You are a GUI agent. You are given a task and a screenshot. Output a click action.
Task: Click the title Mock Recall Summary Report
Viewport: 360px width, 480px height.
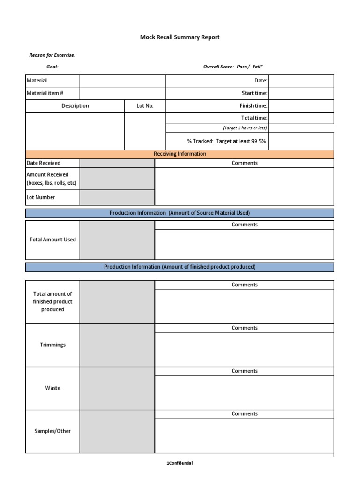[x=180, y=37]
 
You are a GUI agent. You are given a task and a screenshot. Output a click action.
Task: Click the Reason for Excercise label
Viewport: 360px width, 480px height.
[x=52, y=55]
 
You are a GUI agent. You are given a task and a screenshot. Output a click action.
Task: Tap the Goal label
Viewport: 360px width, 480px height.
[x=52, y=67]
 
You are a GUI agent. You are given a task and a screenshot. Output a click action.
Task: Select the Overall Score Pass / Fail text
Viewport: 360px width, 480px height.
[x=233, y=67]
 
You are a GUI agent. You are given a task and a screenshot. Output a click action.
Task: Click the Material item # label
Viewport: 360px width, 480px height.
[x=45, y=93]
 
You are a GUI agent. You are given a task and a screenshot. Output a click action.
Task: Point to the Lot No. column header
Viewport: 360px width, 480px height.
[x=145, y=106]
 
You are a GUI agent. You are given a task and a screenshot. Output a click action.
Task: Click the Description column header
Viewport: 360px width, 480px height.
[x=75, y=106]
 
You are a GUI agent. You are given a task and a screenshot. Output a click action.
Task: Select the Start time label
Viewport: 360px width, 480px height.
[x=254, y=93]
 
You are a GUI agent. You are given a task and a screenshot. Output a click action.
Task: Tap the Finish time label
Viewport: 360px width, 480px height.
[x=253, y=106]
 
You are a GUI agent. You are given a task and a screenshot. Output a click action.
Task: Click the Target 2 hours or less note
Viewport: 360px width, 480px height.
[x=245, y=128]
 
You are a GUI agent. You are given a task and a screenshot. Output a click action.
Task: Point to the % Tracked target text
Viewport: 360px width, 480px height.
[x=227, y=141]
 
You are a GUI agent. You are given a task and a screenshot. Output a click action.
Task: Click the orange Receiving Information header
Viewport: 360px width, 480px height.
[x=180, y=154]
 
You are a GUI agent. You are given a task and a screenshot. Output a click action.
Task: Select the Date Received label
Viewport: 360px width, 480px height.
[x=44, y=163]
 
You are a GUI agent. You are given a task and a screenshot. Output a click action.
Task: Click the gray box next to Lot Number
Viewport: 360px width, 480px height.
[x=117, y=197]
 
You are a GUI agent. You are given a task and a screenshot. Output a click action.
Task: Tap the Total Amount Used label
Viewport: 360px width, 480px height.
[x=52, y=240]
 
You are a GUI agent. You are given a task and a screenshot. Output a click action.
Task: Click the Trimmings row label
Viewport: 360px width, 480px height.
[x=52, y=345]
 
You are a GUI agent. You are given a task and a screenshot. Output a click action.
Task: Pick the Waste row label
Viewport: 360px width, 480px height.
[x=52, y=388]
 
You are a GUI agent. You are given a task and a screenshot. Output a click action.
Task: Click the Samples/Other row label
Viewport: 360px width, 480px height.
[x=52, y=431]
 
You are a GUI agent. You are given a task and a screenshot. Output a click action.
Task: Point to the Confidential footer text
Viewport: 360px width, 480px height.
[x=180, y=463]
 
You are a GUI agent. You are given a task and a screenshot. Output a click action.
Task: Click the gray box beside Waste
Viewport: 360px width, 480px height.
[x=117, y=388]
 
